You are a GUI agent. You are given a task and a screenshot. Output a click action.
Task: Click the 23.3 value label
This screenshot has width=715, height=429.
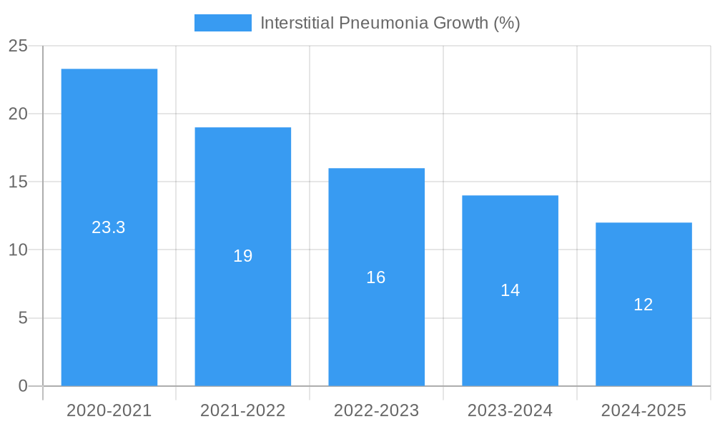(x=109, y=227)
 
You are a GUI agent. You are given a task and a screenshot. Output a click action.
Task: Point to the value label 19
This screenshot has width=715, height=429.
(x=243, y=256)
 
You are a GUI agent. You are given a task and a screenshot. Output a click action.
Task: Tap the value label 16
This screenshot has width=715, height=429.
(x=376, y=277)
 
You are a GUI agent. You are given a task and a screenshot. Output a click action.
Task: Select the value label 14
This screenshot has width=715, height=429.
(x=510, y=290)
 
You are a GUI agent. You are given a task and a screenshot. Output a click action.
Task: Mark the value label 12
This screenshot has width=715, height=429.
(x=643, y=305)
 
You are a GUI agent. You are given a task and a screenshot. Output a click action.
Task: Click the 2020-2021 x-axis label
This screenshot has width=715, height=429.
(x=109, y=410)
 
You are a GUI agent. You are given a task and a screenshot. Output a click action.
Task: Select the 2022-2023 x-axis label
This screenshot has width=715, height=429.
(x=377, y=410)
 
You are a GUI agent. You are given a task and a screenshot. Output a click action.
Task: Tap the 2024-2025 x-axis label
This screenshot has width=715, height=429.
(x=643, y=410)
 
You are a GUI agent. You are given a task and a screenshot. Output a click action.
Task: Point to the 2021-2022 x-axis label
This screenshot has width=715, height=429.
(x=243, y=410)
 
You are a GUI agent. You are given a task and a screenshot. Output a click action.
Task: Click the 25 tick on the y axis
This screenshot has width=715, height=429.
(x=18, y=46)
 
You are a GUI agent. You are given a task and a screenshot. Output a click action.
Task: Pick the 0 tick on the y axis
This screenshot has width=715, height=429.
(x=22, y=386)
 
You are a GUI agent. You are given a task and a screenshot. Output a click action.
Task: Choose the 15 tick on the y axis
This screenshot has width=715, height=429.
(x=18, y=182)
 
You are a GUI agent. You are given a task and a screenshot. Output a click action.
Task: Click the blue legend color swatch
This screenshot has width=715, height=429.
(x=223, y=23)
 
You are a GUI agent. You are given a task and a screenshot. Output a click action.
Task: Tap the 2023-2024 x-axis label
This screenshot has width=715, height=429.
(x=510, y=410)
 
